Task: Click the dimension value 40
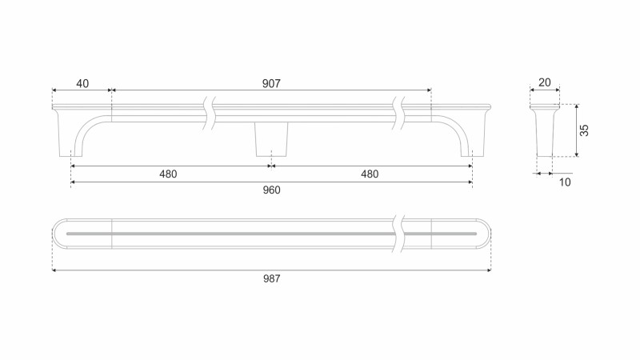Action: pyautogui.click(x=82, y=84)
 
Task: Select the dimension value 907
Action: pyautogui.click(x=271, y=84)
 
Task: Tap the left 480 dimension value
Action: pyautogui.click(x=168, y=174)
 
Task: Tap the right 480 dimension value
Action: pyautogui.click(x=370, y=174)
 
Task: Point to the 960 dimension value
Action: pyautogui.click(x=271, y=190)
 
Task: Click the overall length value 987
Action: pyautogui.click(x=271, y=278)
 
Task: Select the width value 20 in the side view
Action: pyautogui.click(x=545, y=83)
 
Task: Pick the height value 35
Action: pyautogui.click(x=585, y=130)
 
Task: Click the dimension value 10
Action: pyautogui.click(x=565, y=182)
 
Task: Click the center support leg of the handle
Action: pyautogui.click(x=271, y=139)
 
